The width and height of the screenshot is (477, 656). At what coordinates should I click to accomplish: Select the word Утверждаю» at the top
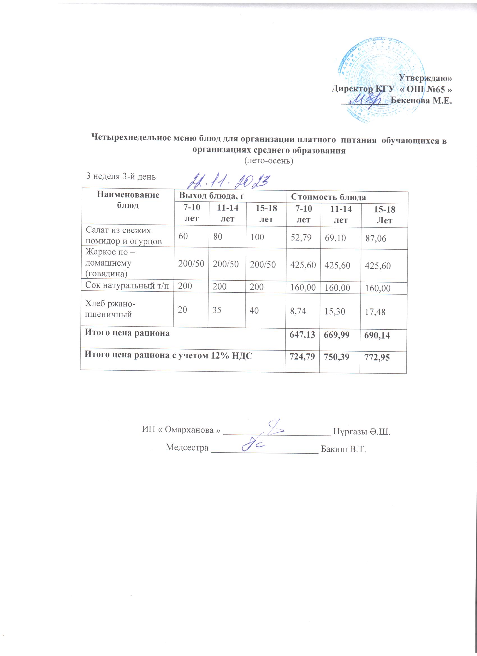[425, 78]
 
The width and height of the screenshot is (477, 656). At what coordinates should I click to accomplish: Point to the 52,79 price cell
[301, 237]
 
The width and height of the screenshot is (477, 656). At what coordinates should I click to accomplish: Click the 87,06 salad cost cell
[376, 238]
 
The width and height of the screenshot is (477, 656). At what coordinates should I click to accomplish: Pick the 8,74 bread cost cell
[298, 311]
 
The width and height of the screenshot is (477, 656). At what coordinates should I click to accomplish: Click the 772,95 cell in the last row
[377, 358]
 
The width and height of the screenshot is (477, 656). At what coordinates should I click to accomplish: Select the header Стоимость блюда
[328, 197]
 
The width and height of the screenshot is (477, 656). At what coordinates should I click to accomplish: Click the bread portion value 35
[217, 310]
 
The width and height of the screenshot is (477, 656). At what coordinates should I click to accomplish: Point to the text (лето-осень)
[269, 161]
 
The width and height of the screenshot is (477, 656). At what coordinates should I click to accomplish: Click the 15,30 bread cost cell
[335, 311]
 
